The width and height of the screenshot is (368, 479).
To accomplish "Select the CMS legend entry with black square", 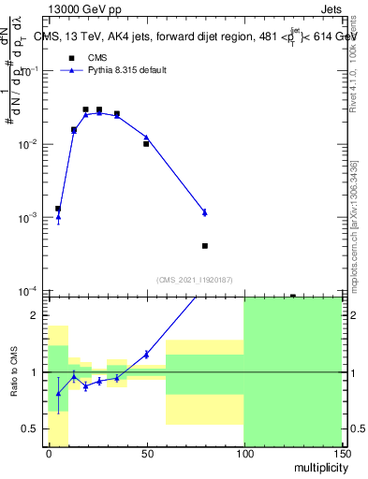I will (85, 57).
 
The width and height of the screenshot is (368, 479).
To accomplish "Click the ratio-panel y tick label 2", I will (34, 316).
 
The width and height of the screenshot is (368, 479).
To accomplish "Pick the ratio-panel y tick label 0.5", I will (29, 428).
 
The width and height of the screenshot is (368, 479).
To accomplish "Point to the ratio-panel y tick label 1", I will (34, 372).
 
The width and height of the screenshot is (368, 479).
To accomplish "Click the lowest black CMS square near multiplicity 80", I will (204, 246).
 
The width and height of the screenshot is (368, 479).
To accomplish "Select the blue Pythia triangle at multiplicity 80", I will (204, 212).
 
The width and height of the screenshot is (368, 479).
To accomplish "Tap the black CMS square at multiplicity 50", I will (146, 144).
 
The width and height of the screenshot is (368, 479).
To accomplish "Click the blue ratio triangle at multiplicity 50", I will (146, 354).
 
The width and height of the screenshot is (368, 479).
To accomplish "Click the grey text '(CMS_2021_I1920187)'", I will (194, 279).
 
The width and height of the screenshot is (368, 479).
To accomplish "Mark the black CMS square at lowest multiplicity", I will (58, 209).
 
